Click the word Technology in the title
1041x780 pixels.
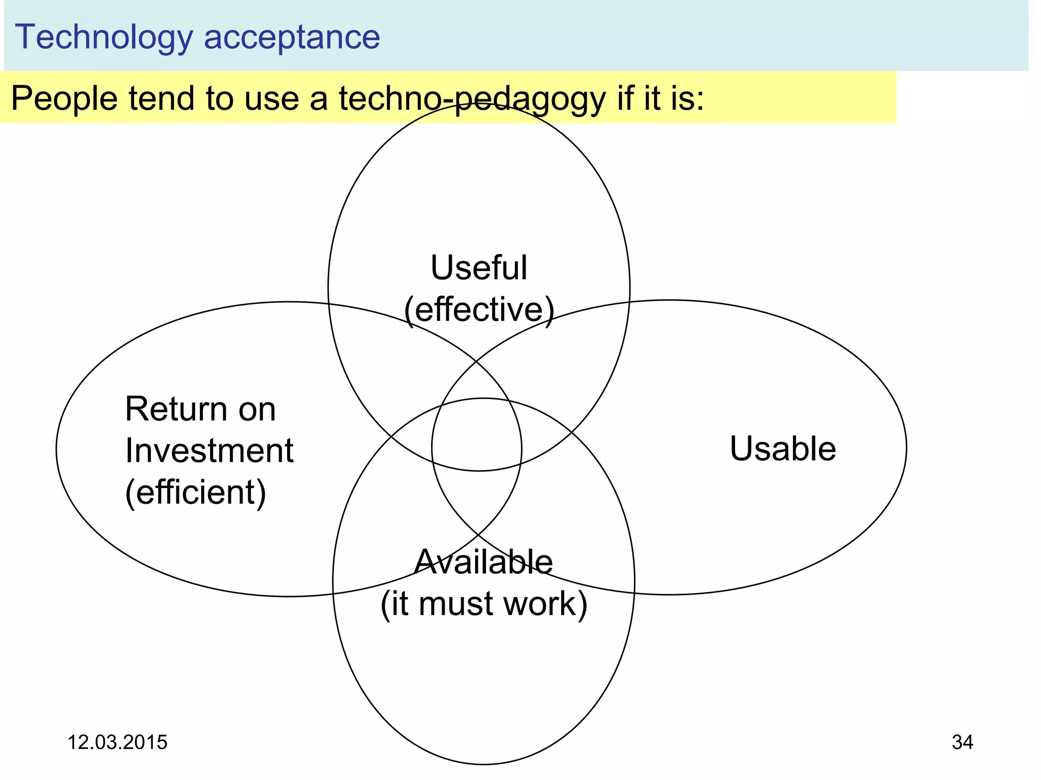click(104, 37)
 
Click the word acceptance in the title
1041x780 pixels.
click(292, 37)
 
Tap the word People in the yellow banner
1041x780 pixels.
click(64, 98)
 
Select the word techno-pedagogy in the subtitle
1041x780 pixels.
click(472, 99)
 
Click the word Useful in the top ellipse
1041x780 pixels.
click(479, 268)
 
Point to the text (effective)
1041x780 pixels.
click(479, 310)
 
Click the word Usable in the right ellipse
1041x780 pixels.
click(783, 449)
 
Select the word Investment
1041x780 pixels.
click(209, 451)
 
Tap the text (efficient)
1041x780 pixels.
click(196, 493)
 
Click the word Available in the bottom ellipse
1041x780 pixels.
click(483, 562)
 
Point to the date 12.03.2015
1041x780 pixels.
click(117, 742)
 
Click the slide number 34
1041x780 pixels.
click(962, 742)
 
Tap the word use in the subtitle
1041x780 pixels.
click(272, 98)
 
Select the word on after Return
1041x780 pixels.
click(257, 409)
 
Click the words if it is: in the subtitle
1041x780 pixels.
click(661, 98)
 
